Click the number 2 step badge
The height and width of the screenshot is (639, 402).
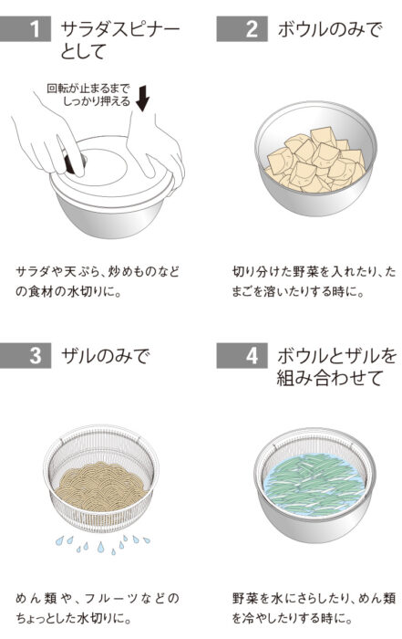[252, 30]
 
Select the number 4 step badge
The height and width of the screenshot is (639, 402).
[252, 354]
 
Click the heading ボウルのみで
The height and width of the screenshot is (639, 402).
[328, 30]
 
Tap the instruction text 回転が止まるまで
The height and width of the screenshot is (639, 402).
[86, 89]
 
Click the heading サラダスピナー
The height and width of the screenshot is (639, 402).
[119, 30]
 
